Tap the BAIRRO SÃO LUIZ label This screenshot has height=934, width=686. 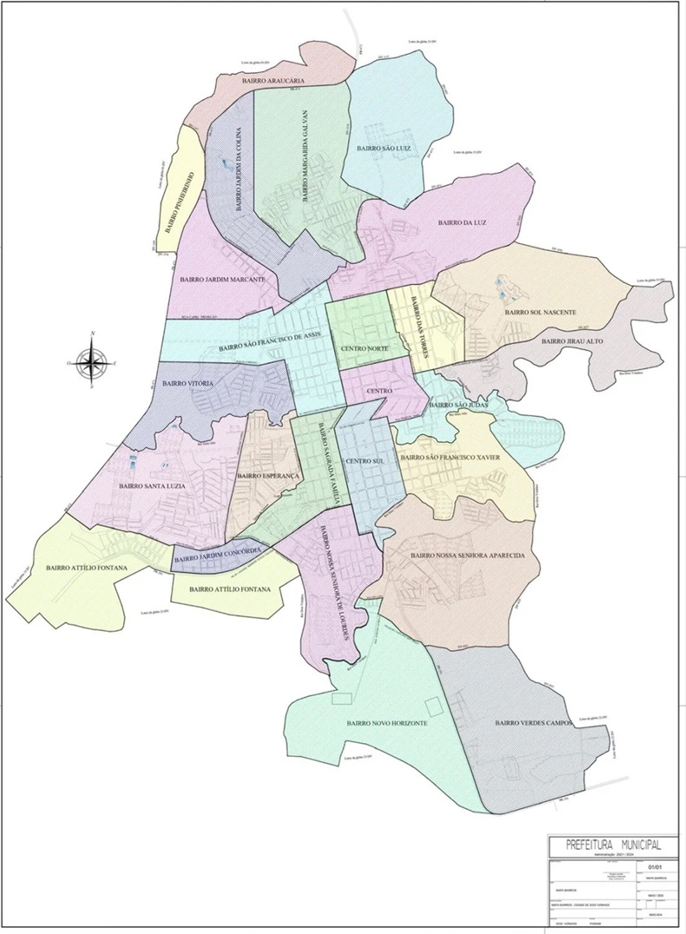383,149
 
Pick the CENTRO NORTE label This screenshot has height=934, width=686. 365,348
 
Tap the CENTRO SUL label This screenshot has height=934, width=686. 362,460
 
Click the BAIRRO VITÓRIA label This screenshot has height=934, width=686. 188,383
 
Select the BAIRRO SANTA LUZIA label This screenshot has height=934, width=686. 154,487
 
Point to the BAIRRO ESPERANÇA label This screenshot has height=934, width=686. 267,476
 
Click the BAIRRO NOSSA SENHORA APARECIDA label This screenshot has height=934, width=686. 467,555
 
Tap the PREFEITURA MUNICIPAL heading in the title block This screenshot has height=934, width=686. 612,845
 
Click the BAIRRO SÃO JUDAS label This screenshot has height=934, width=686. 460,406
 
